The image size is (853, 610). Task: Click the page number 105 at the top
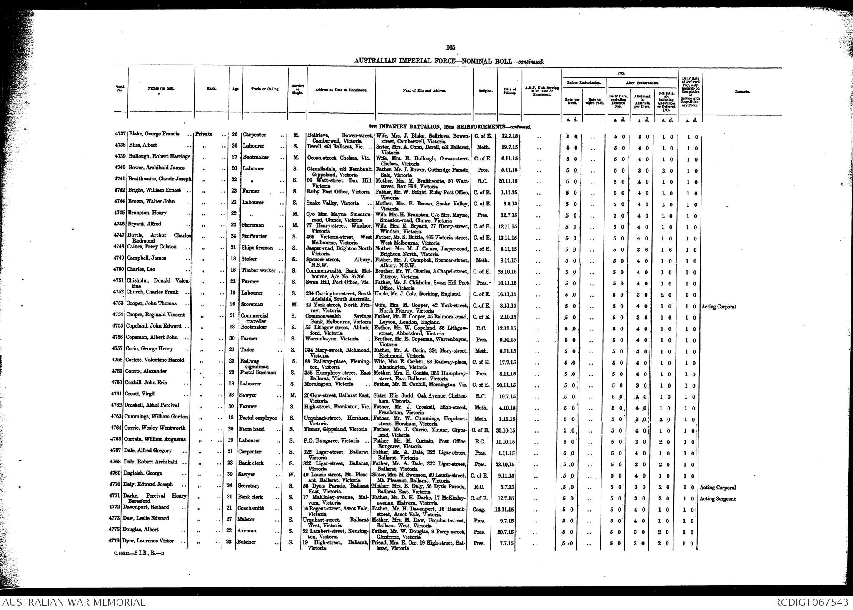[x=450, y=47]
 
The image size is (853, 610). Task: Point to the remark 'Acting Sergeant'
[x=718, y=499]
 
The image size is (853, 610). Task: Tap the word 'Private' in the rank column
[x=204, y=134]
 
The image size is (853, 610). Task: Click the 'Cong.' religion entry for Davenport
[x=479, y=510]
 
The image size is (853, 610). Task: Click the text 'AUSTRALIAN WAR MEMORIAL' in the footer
[x=74, y=602]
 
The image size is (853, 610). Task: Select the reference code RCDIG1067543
[x=811, y=602]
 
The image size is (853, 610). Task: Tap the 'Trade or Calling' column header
[x=262, y=90]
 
